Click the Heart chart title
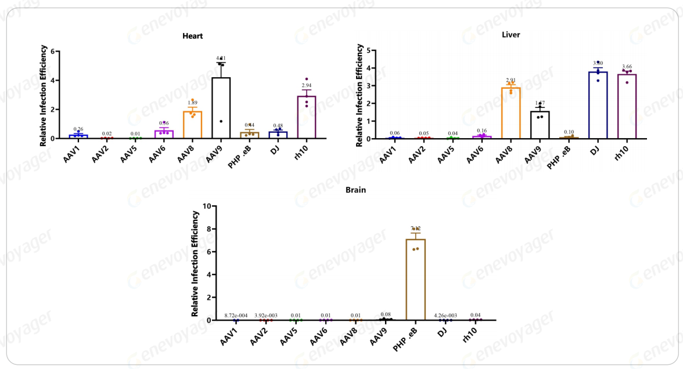(192, 36)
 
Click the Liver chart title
(511, 35)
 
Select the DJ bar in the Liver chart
(598, 105)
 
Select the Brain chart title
(355, 190)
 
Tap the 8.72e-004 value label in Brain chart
(235, 315)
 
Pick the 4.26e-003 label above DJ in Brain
(445, 315)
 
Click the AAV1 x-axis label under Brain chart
(228, 338)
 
